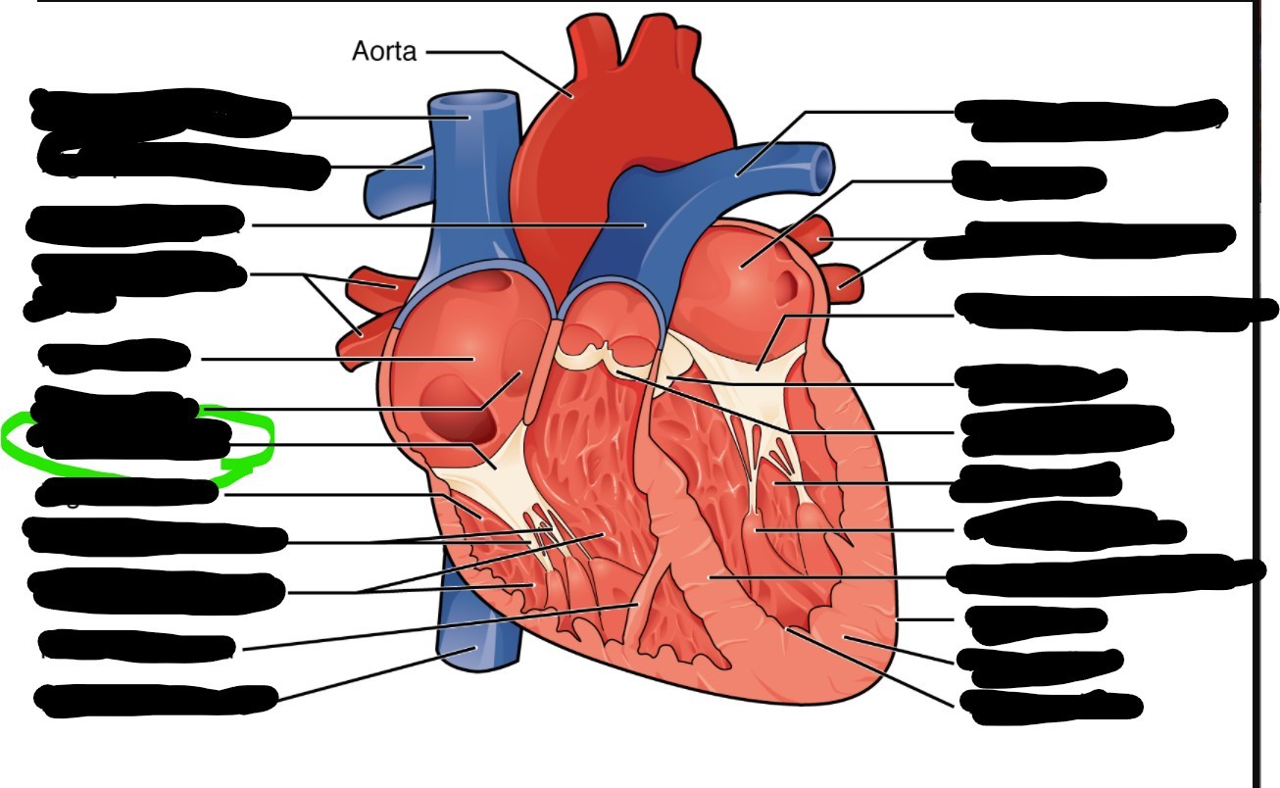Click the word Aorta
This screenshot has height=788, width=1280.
384,52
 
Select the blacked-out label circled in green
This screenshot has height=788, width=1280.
132,442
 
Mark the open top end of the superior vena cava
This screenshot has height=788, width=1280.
475,101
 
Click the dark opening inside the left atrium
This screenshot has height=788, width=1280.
785,285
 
